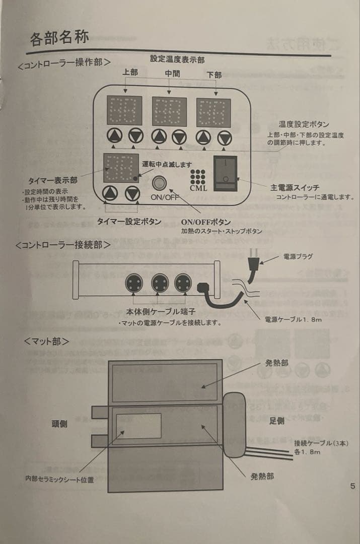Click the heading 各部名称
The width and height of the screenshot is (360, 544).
59,38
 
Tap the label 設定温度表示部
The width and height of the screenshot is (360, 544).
177,59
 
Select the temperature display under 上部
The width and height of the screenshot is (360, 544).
124,111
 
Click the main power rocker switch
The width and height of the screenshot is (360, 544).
225,173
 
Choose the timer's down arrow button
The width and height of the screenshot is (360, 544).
132,192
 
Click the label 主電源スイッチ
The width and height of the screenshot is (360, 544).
295,187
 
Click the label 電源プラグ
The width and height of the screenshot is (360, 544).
298,256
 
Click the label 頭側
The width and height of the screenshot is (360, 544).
59,424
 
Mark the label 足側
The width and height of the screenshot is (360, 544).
277,421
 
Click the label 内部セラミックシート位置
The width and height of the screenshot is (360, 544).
59,480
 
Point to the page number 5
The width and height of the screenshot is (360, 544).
352,486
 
